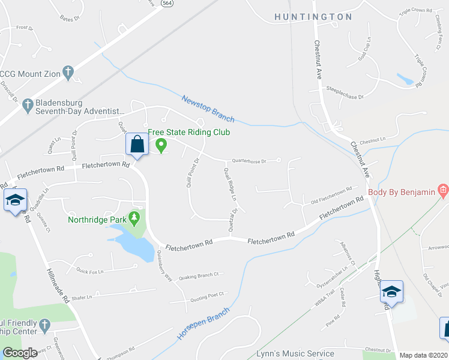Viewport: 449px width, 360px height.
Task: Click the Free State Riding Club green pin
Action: tap(161, 145)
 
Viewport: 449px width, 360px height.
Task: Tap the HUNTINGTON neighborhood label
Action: tap(313, 17)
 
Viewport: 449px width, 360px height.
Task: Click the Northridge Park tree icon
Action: tap(135, 217)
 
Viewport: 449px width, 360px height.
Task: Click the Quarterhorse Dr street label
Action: tap(252, 161)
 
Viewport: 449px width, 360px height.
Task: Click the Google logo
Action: tap(20, 353)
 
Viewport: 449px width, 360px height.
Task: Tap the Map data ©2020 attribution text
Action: tap(423, 355)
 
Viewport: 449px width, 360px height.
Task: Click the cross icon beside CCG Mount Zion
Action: tap(68, 73)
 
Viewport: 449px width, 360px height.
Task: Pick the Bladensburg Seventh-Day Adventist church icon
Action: tap(27, 106)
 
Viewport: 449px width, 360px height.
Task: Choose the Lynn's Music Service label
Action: tap(295, 354)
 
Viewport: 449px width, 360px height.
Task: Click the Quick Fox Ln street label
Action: tap(90, 271)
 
